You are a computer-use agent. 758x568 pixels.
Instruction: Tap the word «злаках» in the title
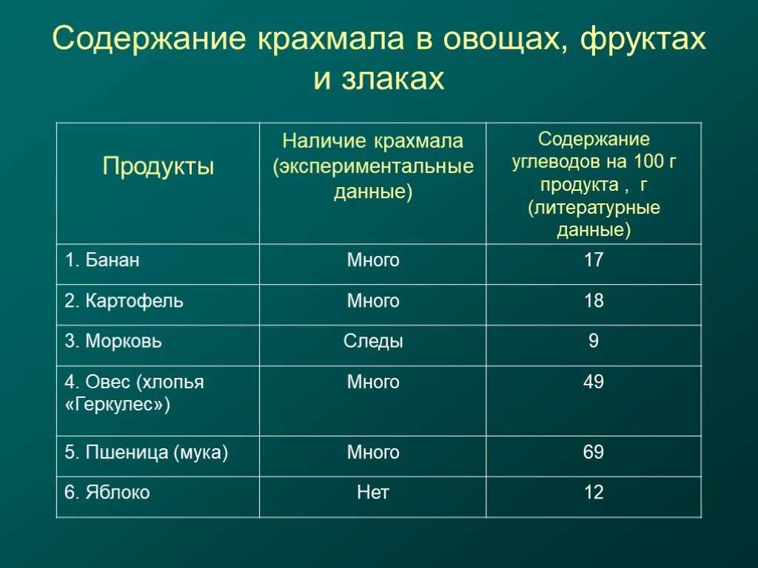coord(392,78)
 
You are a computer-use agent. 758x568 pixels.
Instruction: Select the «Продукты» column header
coord(158,166)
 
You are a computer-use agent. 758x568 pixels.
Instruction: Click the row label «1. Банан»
coord(102,260)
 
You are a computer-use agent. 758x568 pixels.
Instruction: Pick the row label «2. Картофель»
coord(124,301)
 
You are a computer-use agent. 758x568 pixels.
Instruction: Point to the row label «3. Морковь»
coord(113,341)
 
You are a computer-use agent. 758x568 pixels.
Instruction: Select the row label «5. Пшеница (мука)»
coord(146,452)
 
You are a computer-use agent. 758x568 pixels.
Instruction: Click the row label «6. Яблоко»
coord(107,493)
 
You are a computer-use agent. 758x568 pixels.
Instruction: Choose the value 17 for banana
coord(594,260)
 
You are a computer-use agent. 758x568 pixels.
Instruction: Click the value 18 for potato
coord(594,300)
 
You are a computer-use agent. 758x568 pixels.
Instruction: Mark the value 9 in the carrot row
coord(594,341)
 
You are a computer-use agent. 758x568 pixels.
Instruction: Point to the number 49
coord(594,382)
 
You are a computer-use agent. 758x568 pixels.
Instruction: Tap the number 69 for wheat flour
coord(594,452)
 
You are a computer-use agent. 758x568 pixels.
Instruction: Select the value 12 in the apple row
coord(594,493)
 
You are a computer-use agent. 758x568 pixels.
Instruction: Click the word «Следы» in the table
coord(373,342)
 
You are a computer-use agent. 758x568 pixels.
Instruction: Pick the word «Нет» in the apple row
coord(373,493)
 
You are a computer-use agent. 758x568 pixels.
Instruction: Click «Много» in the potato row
coord(373,301)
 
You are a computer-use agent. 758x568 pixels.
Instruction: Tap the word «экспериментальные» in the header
coord(375,166)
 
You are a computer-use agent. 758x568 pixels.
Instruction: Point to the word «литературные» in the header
coord(597,208)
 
